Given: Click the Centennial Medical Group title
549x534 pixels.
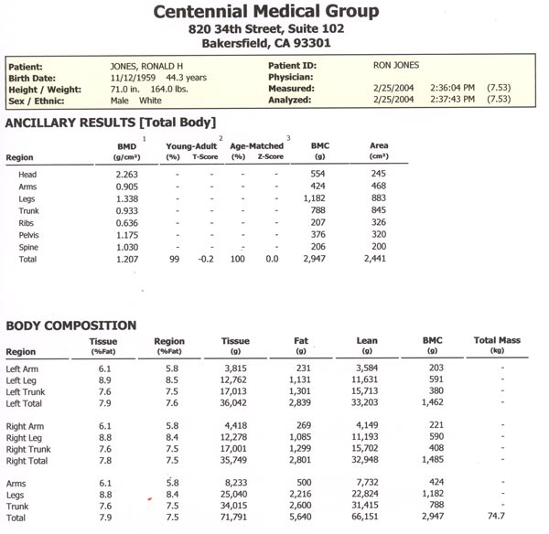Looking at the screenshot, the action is click(x=266, y=12).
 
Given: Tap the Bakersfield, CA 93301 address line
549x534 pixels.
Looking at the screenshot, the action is click(x=266, y=43).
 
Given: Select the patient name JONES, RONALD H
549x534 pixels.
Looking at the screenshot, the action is click(x=146, y=67).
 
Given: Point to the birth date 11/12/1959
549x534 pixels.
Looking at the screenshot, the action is click(x=133, y=78).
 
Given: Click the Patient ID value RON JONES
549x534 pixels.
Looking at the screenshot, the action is click(x=396, y=65).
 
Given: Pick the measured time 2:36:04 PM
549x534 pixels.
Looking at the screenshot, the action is click(x=452, y=88).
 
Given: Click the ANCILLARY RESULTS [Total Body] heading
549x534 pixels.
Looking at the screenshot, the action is click(x=111, y=123).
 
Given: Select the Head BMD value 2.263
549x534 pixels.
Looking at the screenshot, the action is click(x=127, y=175).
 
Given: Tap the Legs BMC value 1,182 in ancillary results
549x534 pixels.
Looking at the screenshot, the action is click(x=314, y=198).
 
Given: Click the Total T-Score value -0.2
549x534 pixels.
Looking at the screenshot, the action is click(x=206, y=259).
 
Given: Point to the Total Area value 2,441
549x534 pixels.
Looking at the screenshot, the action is click(x=374, y=259).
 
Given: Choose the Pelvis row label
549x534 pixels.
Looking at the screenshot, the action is click(x=28, y=235).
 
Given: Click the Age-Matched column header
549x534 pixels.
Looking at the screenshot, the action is click(x=256, y=146).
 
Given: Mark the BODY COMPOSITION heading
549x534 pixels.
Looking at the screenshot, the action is click(x=71, y=326).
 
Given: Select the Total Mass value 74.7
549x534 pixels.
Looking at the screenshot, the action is click(x=496, y=516).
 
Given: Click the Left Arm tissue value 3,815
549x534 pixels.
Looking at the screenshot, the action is click(x=235, y=368).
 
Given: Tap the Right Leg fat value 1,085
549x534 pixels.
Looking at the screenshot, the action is click(x=300, y=437).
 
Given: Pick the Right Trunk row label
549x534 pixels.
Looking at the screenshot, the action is click(x=28, y=449).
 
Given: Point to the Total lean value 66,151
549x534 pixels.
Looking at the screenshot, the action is click(x=365, y=517).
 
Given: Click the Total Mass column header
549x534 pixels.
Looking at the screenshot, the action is click(x=497, y=340).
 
